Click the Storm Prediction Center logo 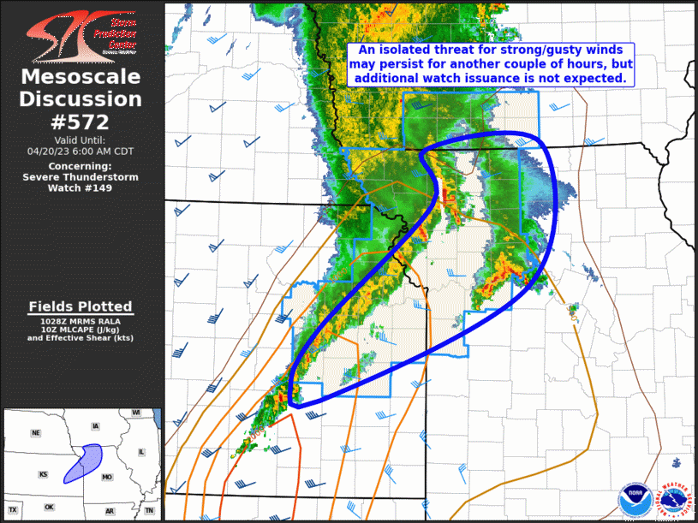click(81, 35)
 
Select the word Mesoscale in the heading click(81, 77)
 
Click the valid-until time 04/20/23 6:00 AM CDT click(81, 151)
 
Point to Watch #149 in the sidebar click(81, 187)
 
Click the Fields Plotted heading click(81, 306)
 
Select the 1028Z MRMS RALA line click(81, 321)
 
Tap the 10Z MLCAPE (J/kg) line click(81, 330)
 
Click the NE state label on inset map click(35, 433)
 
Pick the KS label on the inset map click(43, 474)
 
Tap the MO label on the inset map click(108, 475)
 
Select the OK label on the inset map click(49, 507)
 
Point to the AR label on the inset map click(110, 510)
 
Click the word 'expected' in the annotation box click(594, 77)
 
